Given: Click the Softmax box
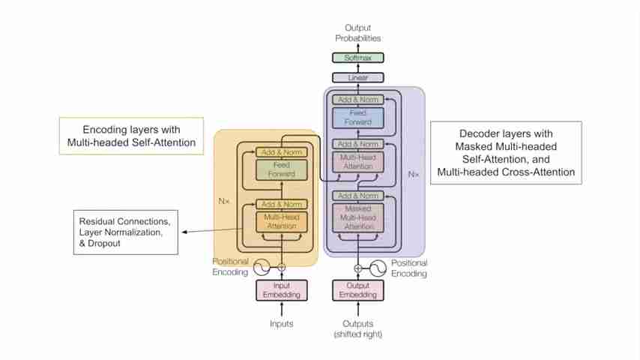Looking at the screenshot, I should pos(357,58).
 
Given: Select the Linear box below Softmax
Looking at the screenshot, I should pos(357,77).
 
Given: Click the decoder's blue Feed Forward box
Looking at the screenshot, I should pos(357,117).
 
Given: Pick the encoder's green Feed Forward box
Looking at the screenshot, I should pos(281,169).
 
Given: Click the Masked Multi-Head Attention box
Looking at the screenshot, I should pos(357,217).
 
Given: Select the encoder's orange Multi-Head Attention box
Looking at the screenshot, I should pos(281,220).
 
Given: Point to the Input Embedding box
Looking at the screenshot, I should pos(281,289).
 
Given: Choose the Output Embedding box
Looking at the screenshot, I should pos(357,289).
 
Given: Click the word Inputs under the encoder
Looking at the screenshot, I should pos(281,324).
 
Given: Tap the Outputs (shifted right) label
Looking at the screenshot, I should pos(357,329).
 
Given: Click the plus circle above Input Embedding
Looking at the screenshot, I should pos(282,266).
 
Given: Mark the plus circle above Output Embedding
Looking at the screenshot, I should pos(357,268).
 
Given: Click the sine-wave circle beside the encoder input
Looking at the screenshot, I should pos(262,266).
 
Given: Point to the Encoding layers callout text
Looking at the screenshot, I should pos(131,135).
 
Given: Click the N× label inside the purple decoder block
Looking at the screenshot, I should pos(414,174).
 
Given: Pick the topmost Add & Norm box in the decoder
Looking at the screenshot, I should pos(357,99).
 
